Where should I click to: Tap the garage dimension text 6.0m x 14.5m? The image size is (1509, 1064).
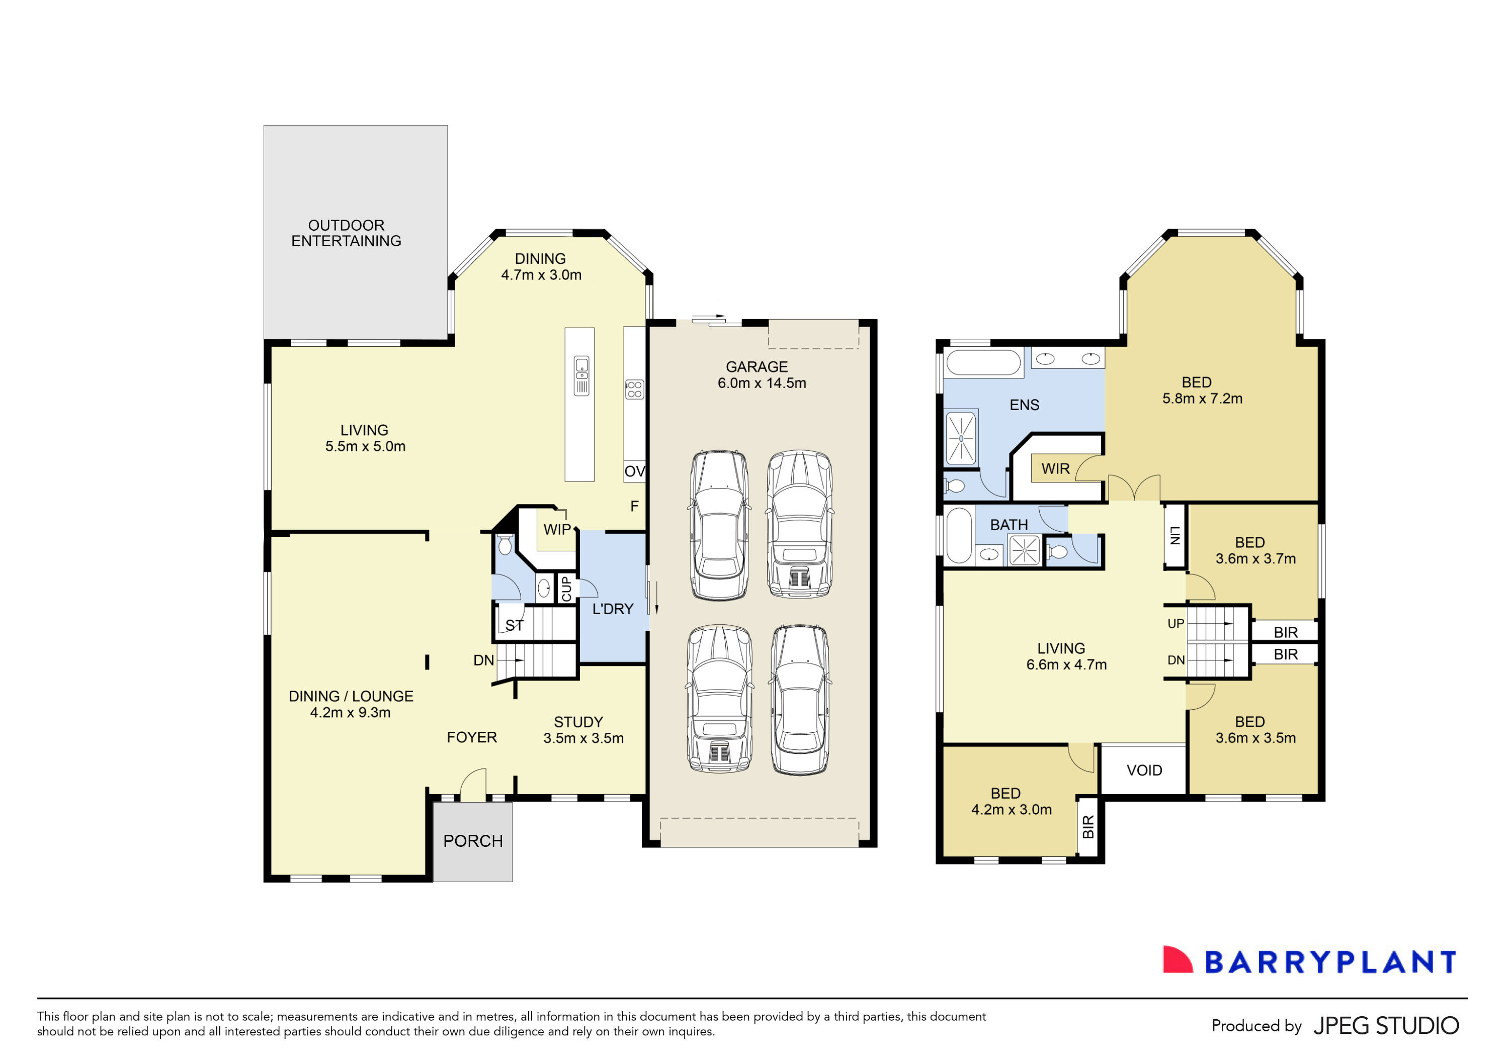pos(761,383)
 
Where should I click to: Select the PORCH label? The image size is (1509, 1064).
pos(472,841)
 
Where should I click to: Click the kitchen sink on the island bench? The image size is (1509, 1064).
pos(581,375)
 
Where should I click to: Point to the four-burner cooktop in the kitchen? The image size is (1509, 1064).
pos(634,390)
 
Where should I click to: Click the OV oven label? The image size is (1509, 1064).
pos(634,471)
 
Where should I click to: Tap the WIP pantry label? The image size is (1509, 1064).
pos(557,529)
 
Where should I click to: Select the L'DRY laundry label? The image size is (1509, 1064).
pos(613,609)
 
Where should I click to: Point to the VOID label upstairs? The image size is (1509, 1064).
pos(1144,770)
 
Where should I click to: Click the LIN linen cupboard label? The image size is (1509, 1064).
pos(1175,536)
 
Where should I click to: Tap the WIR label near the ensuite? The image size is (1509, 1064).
pos(1055,469)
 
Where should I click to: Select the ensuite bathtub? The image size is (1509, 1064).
pos(983,362)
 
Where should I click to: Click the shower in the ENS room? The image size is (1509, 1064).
pos(961,437)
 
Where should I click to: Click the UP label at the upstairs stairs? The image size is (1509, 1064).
pos(1176,623)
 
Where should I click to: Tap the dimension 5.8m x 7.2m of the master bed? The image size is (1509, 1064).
pos(1202,399)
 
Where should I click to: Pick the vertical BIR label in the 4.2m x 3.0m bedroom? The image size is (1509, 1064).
pos(1087,827)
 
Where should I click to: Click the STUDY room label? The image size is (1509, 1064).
pos(578,722)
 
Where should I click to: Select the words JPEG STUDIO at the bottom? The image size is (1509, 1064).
pos(1385,1026)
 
